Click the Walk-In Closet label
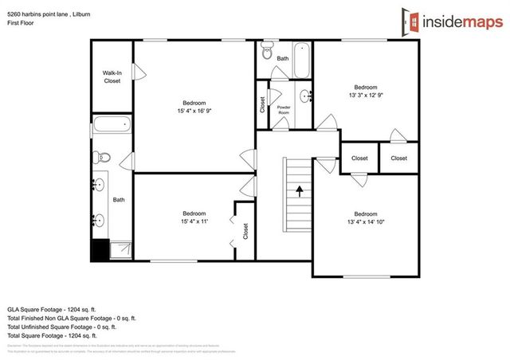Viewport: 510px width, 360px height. click(x=112, y=77)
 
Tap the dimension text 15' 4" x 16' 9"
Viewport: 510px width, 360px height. click(x=194, y=111)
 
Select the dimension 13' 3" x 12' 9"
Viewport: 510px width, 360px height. click(x=365, y=95)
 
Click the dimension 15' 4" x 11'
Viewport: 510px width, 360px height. click(x=194, y=221)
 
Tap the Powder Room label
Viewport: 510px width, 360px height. click(x=283, y=109)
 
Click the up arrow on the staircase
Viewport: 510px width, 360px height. click(x=300, y=190)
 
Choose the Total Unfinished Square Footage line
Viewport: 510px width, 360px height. click(x=62, y=327)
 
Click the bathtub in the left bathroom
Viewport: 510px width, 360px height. click(x=111, y=125)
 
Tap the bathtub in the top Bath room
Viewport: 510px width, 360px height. click(x=302, y=57)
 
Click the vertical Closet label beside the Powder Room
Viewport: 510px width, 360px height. click(x=261, y=104)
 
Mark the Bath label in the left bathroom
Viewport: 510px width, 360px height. click(x=119, y=200)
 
